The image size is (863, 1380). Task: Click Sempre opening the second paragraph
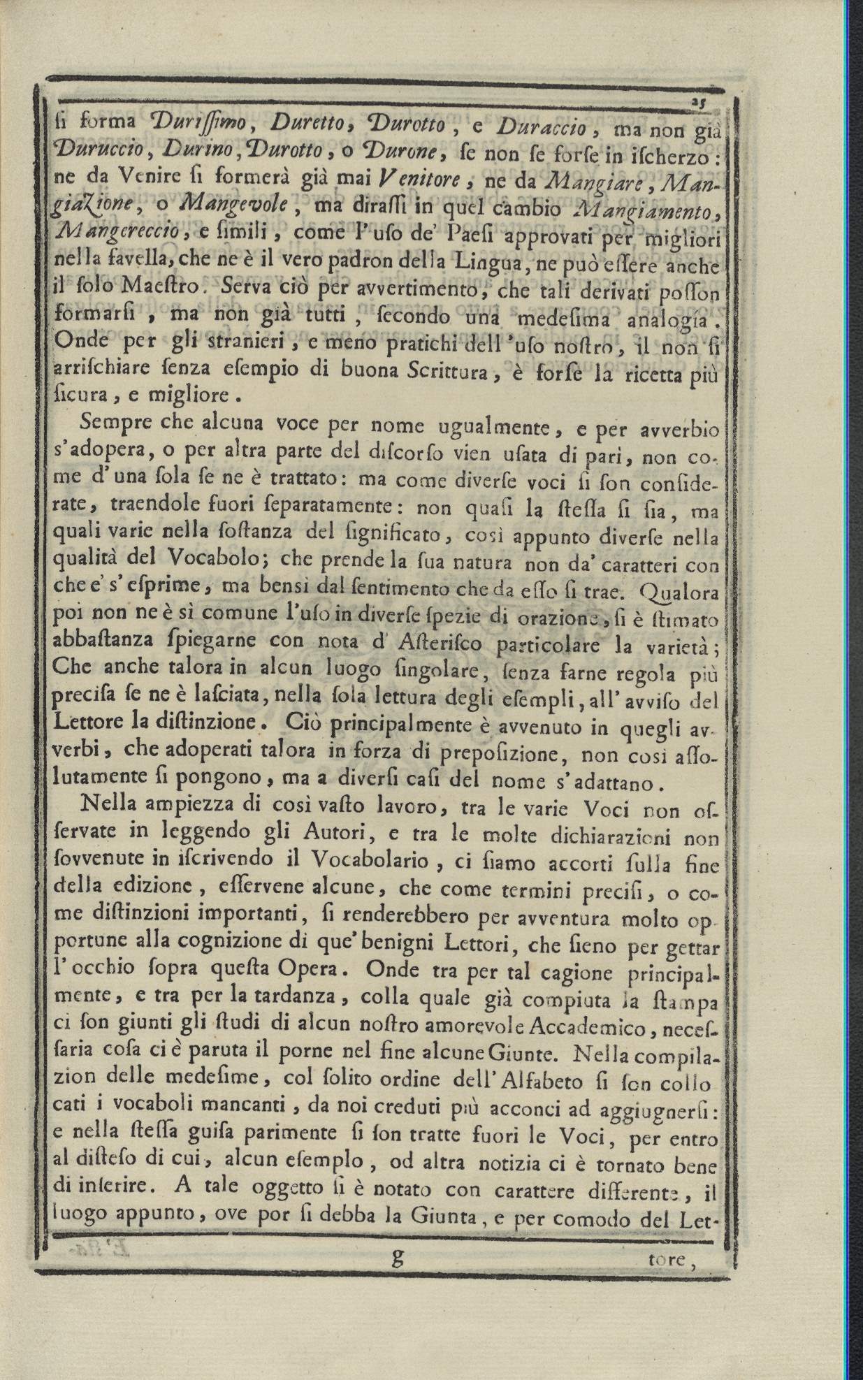[117, 424]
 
